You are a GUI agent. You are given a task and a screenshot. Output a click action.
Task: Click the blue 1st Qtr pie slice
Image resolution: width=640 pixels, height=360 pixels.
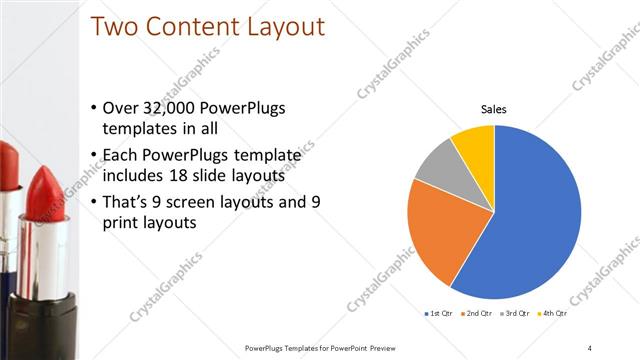pyautogui.click(x=535, y=220)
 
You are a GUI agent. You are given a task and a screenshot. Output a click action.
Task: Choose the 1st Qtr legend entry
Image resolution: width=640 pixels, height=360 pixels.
pyautogui.click(x=440, y=314)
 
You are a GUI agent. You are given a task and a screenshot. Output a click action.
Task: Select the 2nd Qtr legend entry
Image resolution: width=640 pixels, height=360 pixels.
pyautogui.click(x=477, y=314)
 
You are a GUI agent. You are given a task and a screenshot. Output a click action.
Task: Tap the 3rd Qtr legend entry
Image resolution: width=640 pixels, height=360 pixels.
pyautogui.click(x=514, y=314)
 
